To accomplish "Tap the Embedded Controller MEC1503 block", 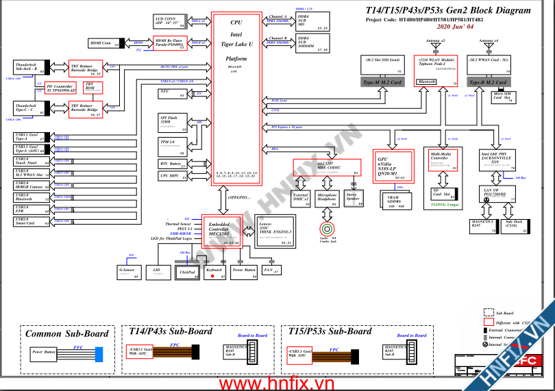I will click(x=221, y=231).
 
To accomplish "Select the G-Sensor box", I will click(x=128, y=273).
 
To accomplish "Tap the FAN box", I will click(x=272, y=270).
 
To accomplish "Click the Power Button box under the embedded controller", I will click(x=245, y=270).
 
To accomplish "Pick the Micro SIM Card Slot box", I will click(x=504, y=97).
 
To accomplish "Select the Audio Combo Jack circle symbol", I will click(x=328, y=229).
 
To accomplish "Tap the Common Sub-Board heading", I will click(x=67, y=333).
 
